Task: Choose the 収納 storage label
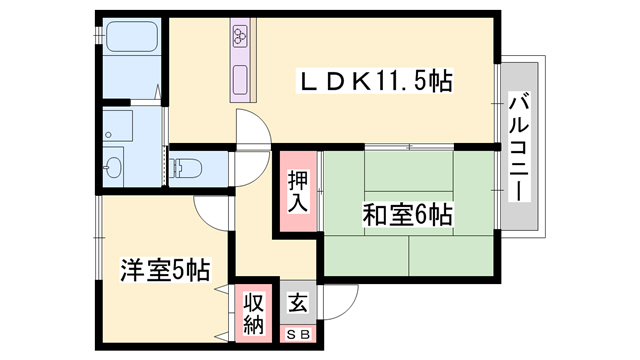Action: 253,313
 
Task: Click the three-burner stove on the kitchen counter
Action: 241,38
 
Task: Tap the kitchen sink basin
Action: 240,77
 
